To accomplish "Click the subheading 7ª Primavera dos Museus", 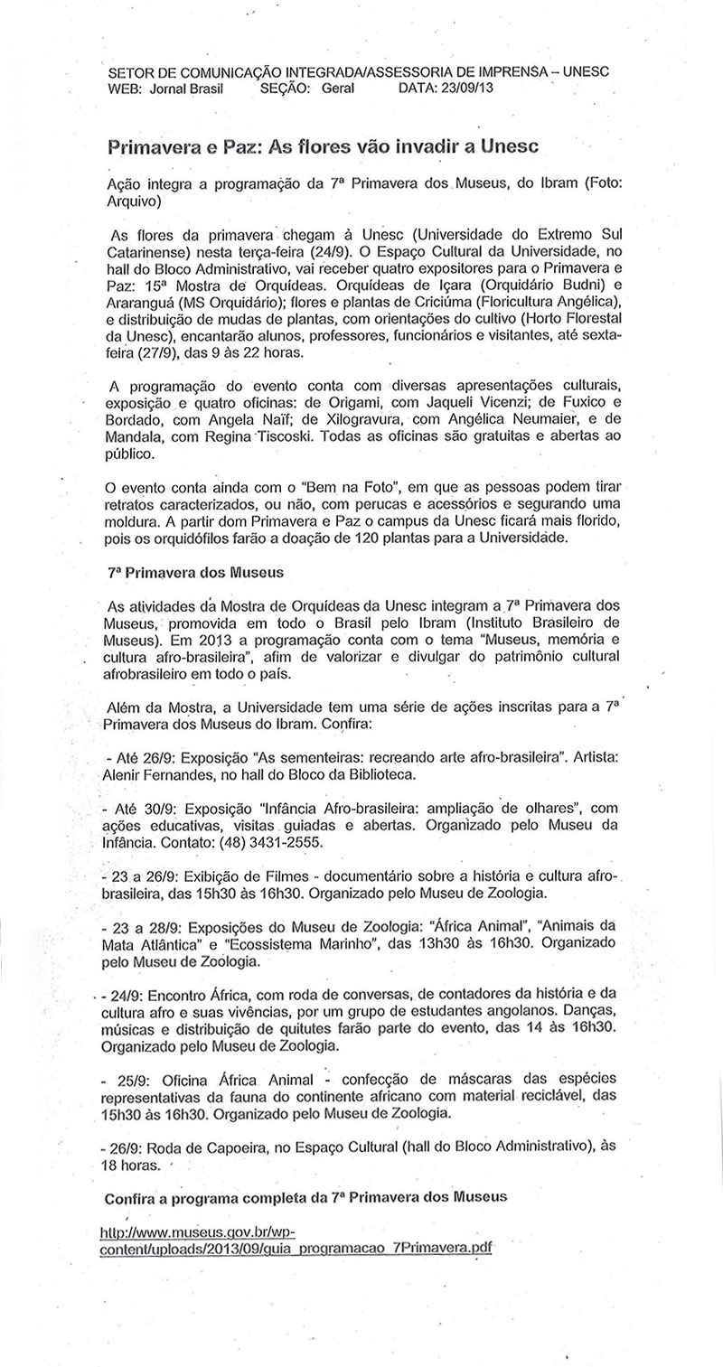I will [196, 572].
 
